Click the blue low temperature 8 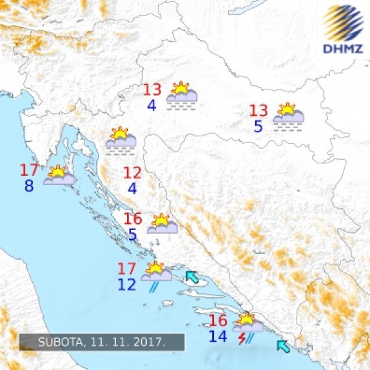29,185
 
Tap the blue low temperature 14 218,336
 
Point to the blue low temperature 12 126,284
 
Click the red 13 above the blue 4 152,90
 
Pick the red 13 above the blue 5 258,111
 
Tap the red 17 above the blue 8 30,170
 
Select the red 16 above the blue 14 218,321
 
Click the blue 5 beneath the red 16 133,235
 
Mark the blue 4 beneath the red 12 133,188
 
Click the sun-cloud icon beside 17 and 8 59,176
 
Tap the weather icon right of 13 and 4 182,95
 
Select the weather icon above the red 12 120,138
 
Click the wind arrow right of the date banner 283,346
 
